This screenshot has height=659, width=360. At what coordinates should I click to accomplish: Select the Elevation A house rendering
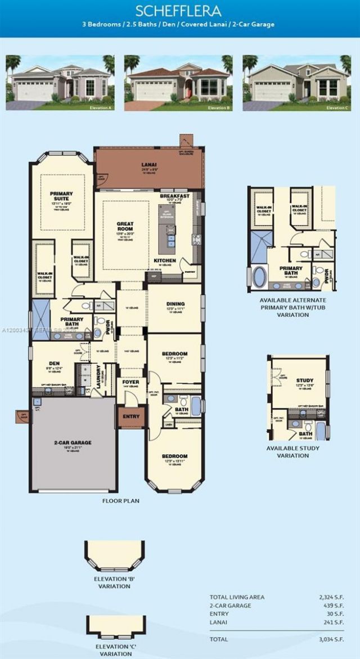click(60, 82)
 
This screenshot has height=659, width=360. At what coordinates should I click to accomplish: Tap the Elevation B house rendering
click(178, 82)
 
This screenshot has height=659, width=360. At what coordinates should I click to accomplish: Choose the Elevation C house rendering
click(296, 82)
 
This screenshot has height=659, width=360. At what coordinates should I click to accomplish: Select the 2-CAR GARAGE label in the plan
click(73, 442)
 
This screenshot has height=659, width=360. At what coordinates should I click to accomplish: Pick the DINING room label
click(175, 304)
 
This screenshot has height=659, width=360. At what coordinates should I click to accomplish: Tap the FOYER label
click(130, 382)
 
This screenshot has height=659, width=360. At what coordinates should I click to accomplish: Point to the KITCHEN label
click(165, 261)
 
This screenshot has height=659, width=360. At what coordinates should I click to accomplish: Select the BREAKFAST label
click(174, 196)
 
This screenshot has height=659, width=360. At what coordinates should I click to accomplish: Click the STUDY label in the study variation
click(305, 380)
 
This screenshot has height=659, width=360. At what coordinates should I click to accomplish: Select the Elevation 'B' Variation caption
click(112, 582)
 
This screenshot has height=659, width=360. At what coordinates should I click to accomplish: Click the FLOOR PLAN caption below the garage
click(120, 500)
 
